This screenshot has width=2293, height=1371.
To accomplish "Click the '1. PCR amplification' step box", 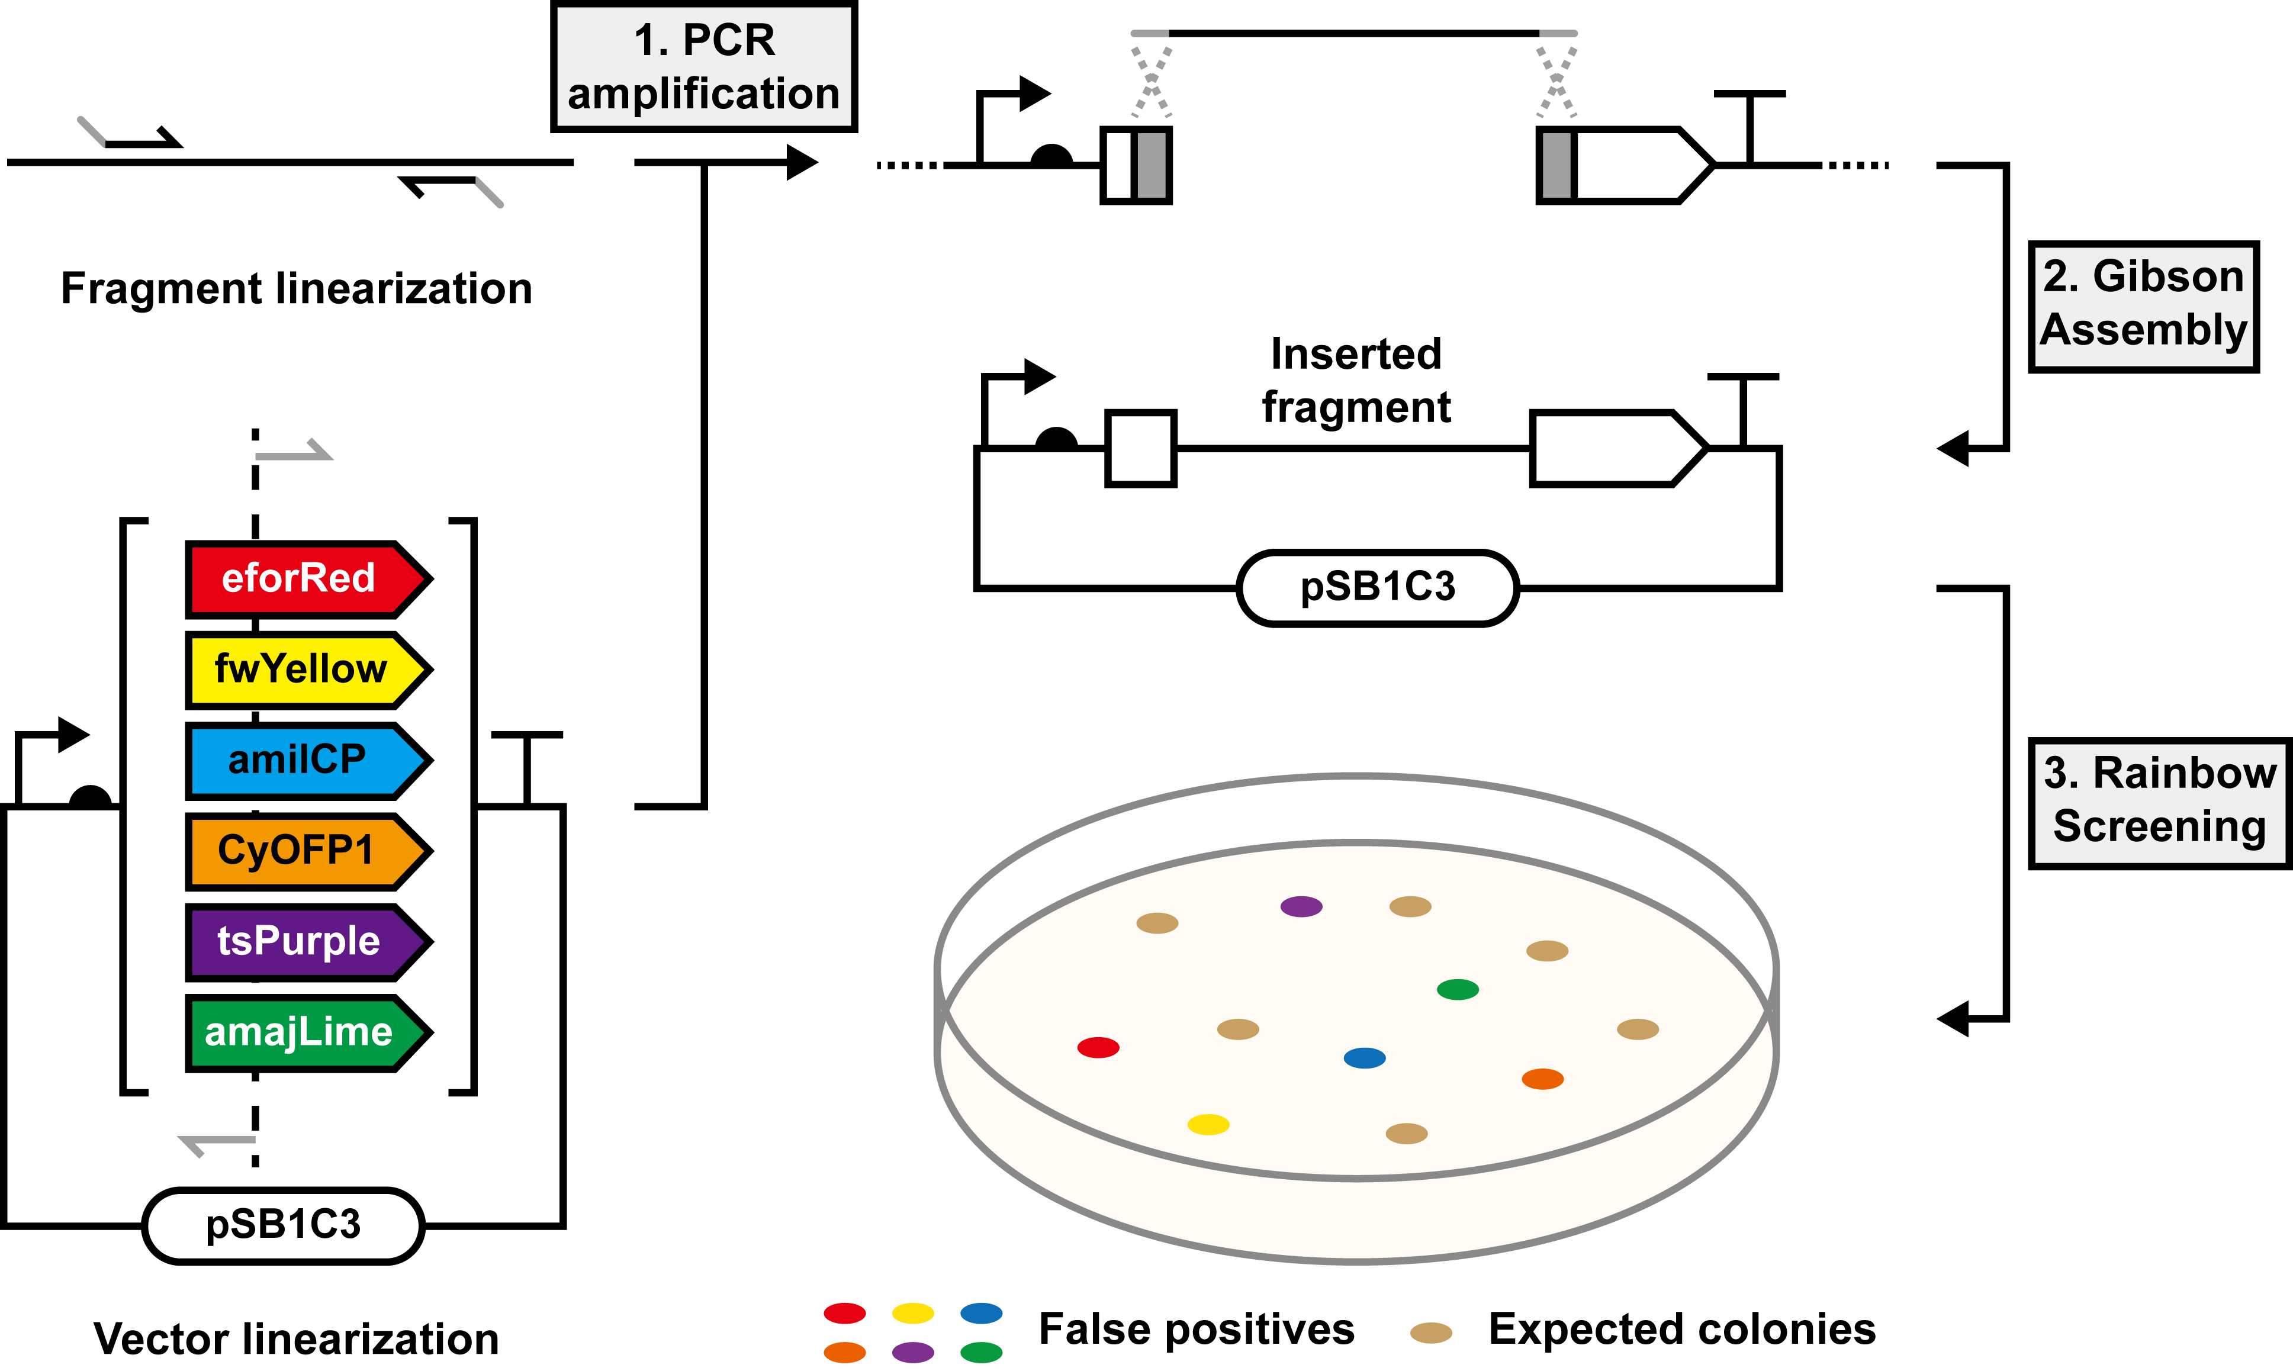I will pyautogui.click(x=704, y=66).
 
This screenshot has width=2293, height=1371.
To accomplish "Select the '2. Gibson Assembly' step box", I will pyautogui.click(x=2143, y=306).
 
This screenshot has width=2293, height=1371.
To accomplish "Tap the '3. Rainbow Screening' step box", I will pyautogui.click(x=2159, y=802).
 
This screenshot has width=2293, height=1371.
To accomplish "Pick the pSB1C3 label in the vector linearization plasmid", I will pyautogui.click(x=282, y=1225).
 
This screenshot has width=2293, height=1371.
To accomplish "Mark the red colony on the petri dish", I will pyautogui.click(x=1098, y=1047).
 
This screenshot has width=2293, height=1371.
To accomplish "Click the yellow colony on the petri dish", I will pyautogui.click(x=1207, y=1124).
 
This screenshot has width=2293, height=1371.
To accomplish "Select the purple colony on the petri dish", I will pyautogui.click(x=1301, y=906).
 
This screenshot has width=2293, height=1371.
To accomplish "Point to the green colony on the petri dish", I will pyautogui.click(x=1458, y=989).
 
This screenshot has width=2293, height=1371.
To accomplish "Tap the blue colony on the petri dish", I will pyautogui.click(x=1363, y=1058).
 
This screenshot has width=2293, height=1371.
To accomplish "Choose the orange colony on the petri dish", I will pyautogui.click(x=1542, y=1079).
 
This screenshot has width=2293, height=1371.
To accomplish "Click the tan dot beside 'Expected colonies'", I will pyautogui.click(x=1431, y=1332).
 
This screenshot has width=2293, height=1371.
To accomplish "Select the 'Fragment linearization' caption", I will pyautogui.click(x=297, y=288).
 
